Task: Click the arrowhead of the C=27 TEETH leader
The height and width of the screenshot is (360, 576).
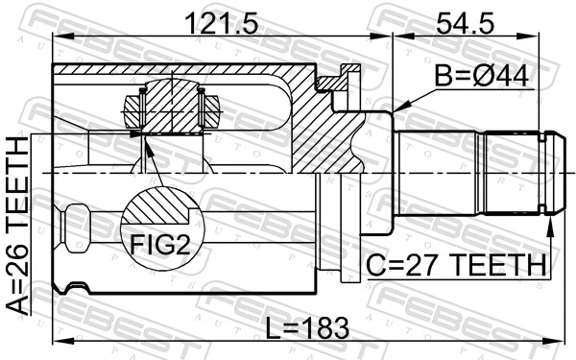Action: click(552, 222)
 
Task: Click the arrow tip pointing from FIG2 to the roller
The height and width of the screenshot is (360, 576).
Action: click(144, 140)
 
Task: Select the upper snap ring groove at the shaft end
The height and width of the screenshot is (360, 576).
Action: click(548, 139)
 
